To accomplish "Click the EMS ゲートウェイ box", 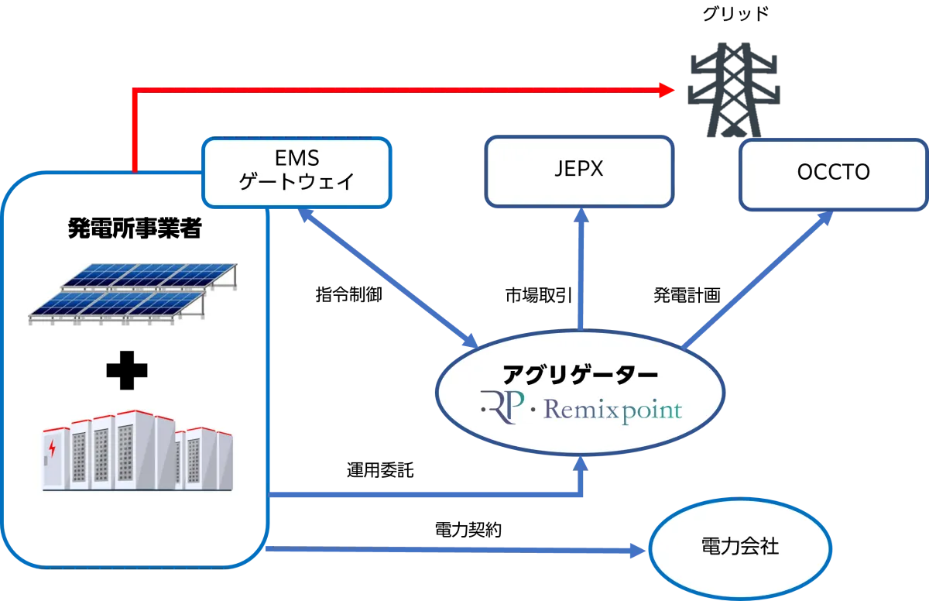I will click(x=297, y=172).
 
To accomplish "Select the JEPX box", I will click(x=579, y=171).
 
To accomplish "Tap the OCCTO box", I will click(x=833, y=174).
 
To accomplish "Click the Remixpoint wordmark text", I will click(x=611, y=409).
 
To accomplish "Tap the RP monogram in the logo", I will click(x=503, y=405).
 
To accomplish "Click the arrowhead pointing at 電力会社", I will click(x=637, y=551).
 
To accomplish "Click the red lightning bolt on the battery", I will click(x=52, y=448).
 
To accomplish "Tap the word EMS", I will click(x=297, y=158).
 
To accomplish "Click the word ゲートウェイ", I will click(x=297, y=183).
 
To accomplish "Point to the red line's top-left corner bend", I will click(x=135, y=91).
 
